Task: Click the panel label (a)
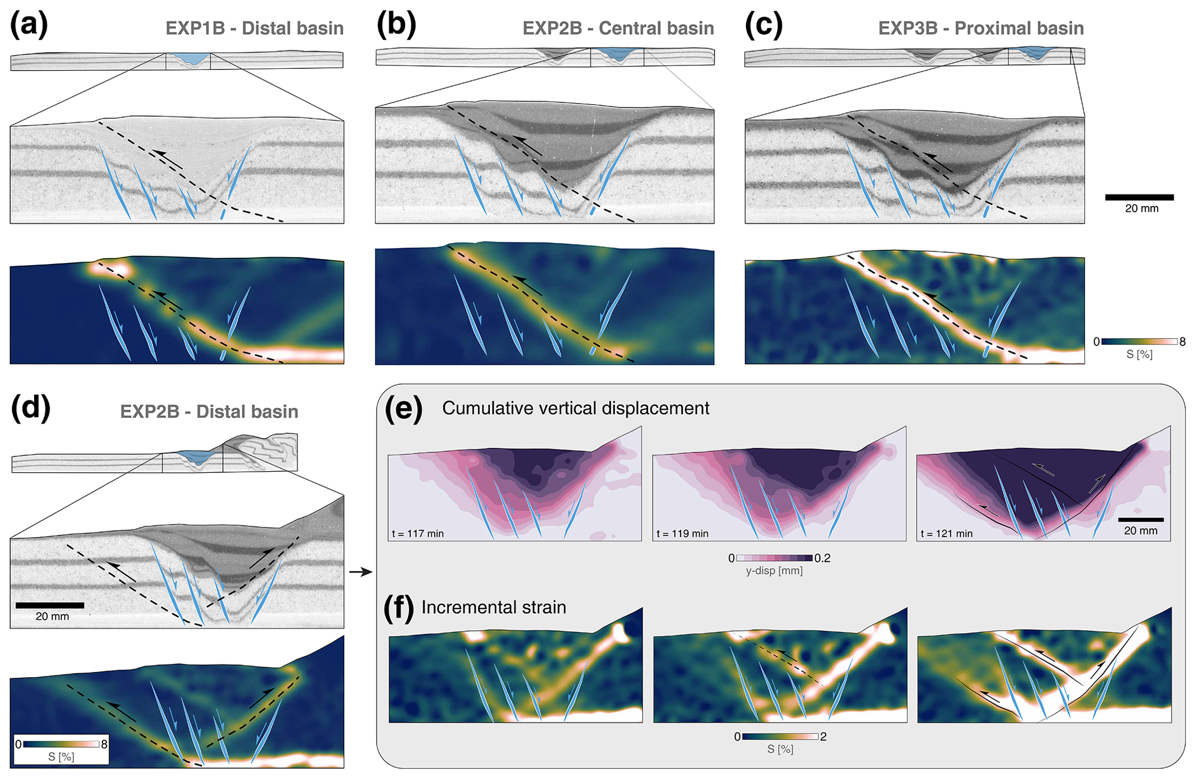(28, 25)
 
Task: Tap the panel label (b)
(396, 25)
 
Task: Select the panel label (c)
(763, 25)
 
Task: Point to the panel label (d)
(31, 407)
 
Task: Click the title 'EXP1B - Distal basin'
(255, 28)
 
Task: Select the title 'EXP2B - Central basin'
(618, 28)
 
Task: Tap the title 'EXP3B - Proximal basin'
(981, 28)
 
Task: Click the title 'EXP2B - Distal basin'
(209, 411)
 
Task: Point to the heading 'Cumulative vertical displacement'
(575, 408)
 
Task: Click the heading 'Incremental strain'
(494, 607)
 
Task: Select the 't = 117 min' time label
(418, 534)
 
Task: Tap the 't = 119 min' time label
(682, 534)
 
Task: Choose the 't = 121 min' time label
(947, 534)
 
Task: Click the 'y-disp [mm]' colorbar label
(774, 571)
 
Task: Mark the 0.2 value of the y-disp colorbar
(822, 558)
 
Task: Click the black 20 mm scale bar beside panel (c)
(1139, 197)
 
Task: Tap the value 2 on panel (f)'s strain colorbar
(823, 737)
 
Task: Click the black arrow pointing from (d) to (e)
(360, 572)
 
